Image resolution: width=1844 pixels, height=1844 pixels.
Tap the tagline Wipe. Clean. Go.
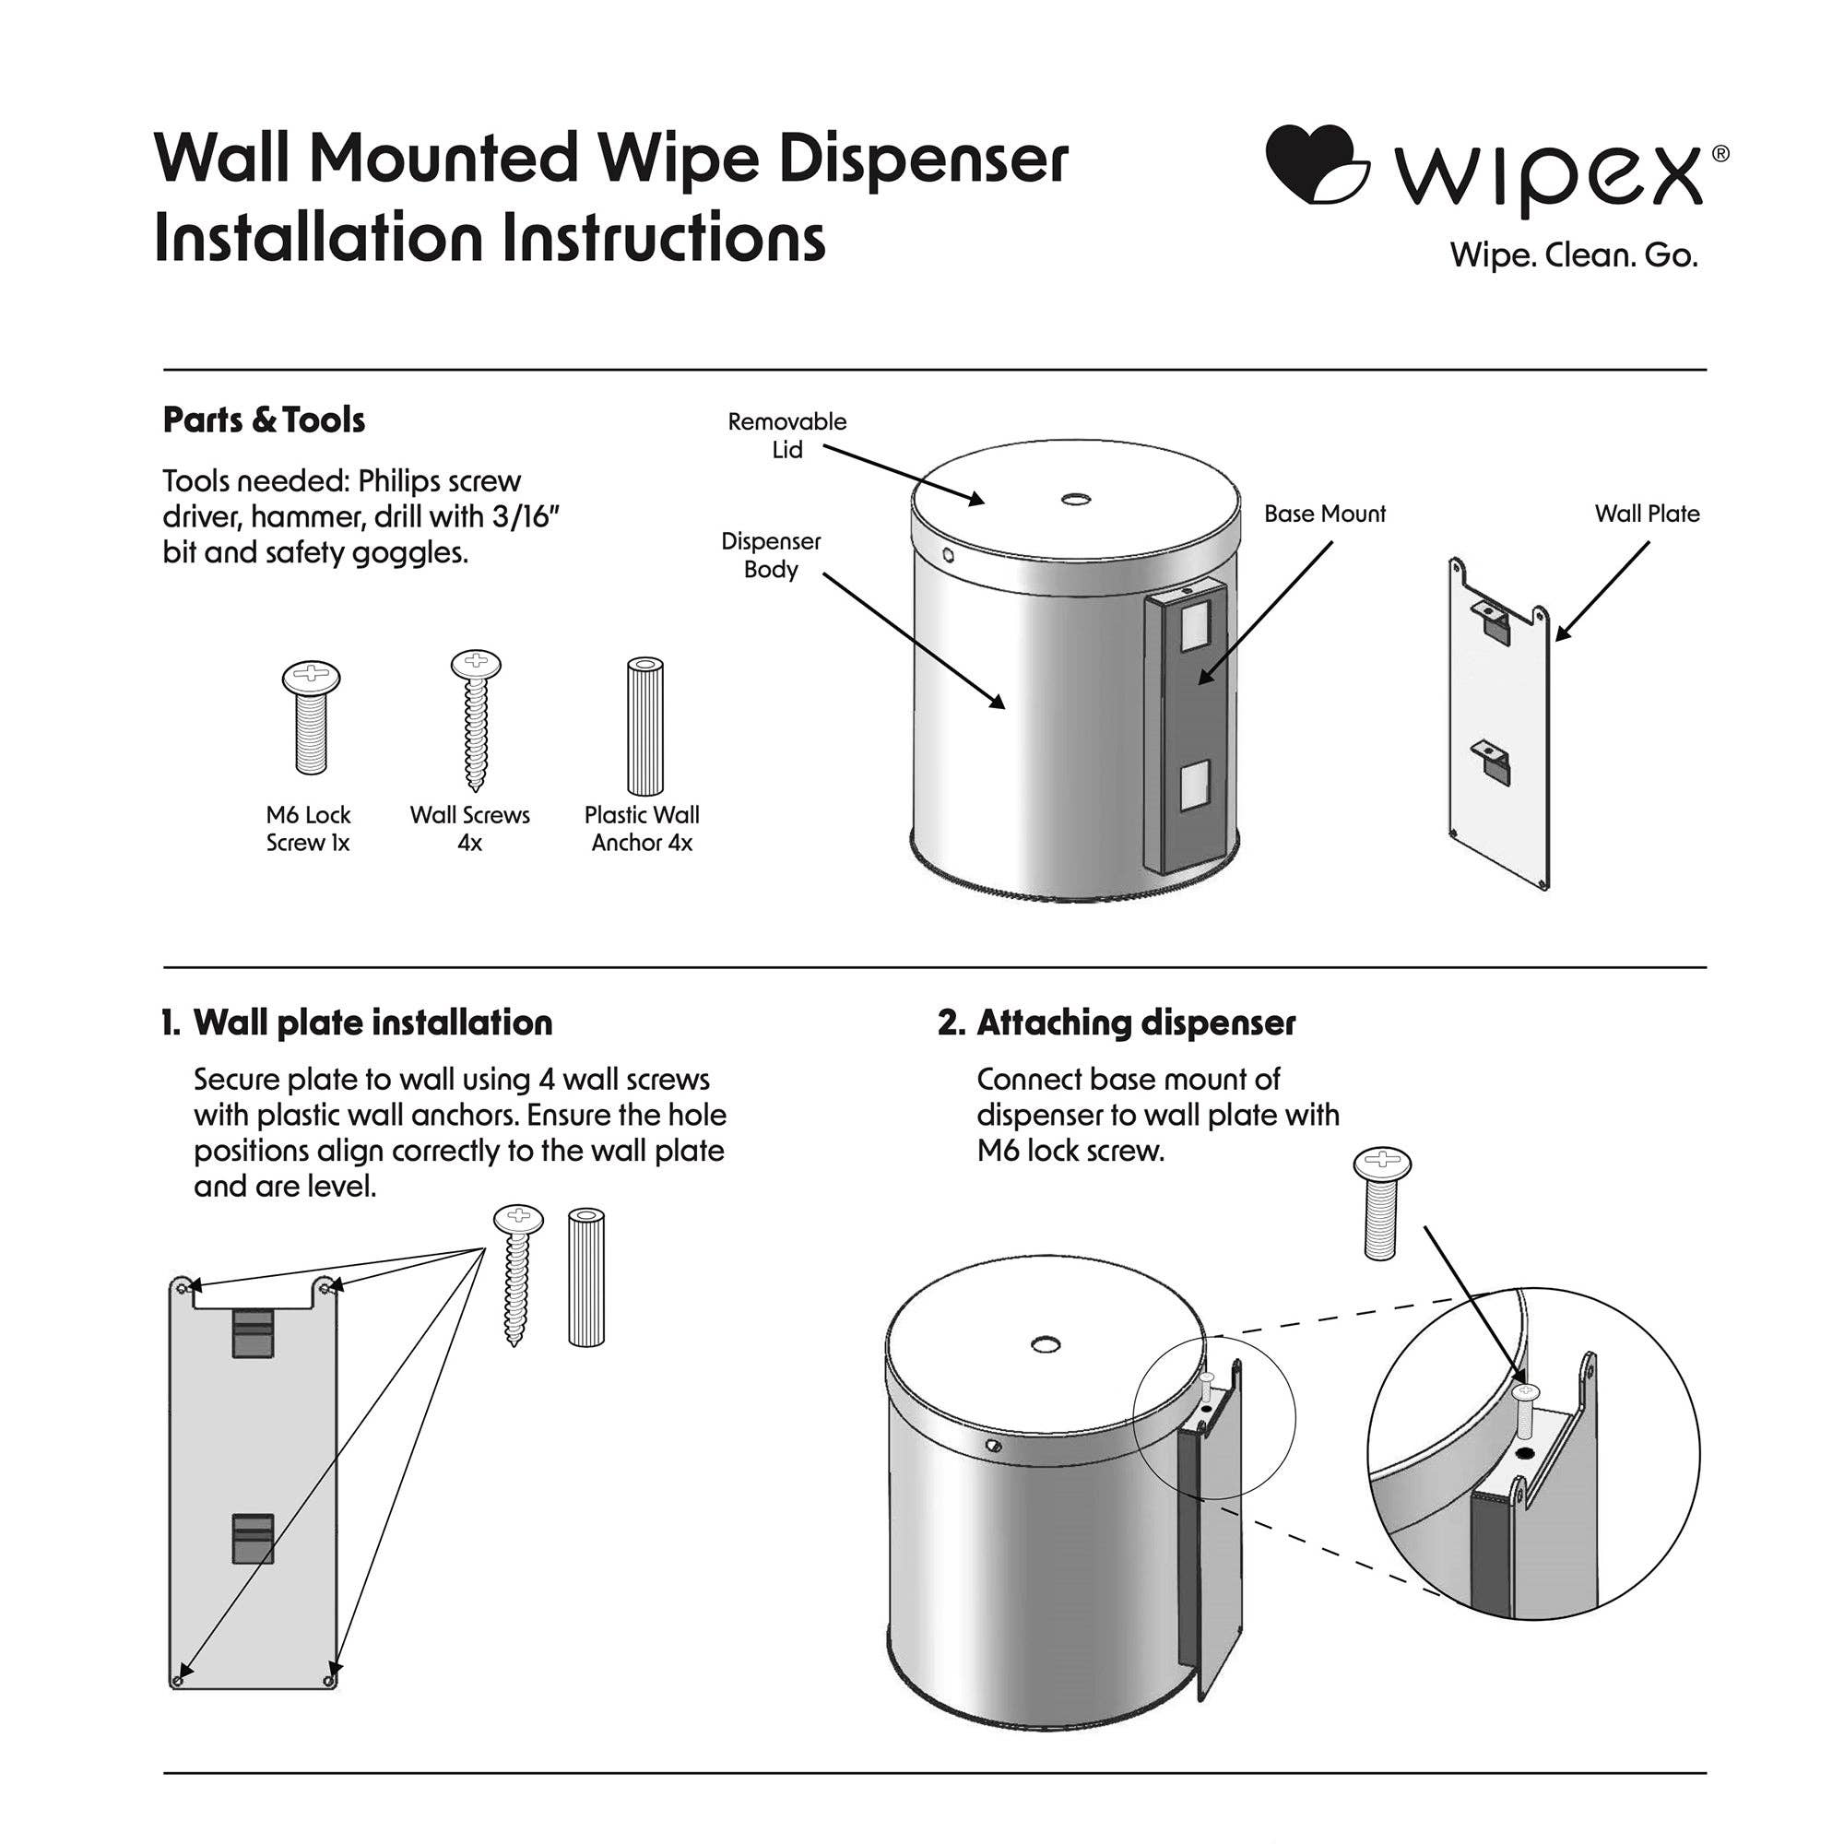coord(1573,255)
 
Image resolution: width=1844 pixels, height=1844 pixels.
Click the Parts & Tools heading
coord(264,420)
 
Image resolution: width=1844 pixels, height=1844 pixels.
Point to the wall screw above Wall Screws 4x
coord(474,720)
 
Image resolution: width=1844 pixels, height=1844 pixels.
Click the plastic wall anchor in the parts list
coord(644,727)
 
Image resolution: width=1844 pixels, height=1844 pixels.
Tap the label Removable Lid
coord(786,435)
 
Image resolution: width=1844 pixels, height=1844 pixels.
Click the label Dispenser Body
coord(770,555)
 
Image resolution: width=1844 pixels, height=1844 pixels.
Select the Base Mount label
coord(1324,514)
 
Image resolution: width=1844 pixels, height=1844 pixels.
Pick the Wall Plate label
coord(1647,514)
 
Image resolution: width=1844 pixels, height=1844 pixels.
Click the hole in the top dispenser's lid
coord(1077,499)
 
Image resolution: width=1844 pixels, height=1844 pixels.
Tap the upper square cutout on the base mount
coord(1194,631)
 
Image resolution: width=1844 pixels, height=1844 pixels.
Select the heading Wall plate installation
coord(372,1023)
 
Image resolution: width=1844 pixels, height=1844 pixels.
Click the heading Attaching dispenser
coord(1136,1023)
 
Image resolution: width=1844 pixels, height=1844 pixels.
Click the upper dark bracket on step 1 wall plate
coord(253,1332)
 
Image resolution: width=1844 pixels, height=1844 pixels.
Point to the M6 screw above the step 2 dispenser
coord(1382,1201)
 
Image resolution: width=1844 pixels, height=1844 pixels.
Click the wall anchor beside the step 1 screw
coord(586,1277)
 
